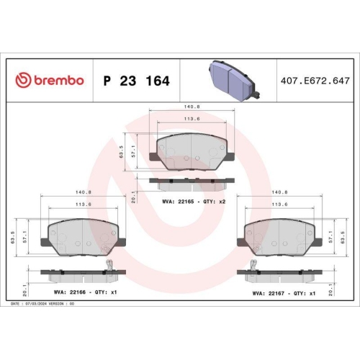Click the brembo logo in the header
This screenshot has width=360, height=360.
[x=50, y=81]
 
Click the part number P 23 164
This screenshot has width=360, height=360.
[x=136, y=81]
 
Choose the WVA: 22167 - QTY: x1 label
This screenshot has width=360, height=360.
[x=284, y=293]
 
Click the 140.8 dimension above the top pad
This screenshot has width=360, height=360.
[x=191, y=107]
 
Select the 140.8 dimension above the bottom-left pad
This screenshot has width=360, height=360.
[x=83, y=192]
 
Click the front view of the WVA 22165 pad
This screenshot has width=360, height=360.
[x=191, y=153]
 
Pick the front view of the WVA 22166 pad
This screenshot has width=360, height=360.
[x=82, y=235]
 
